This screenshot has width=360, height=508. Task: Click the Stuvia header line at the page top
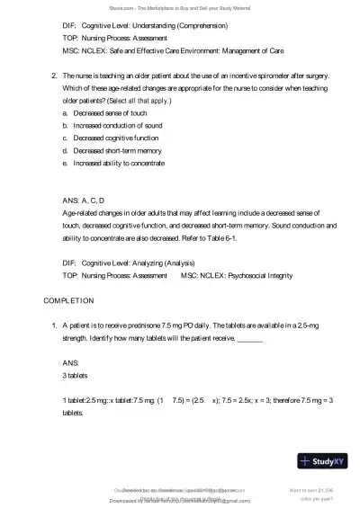coord(180,5)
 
